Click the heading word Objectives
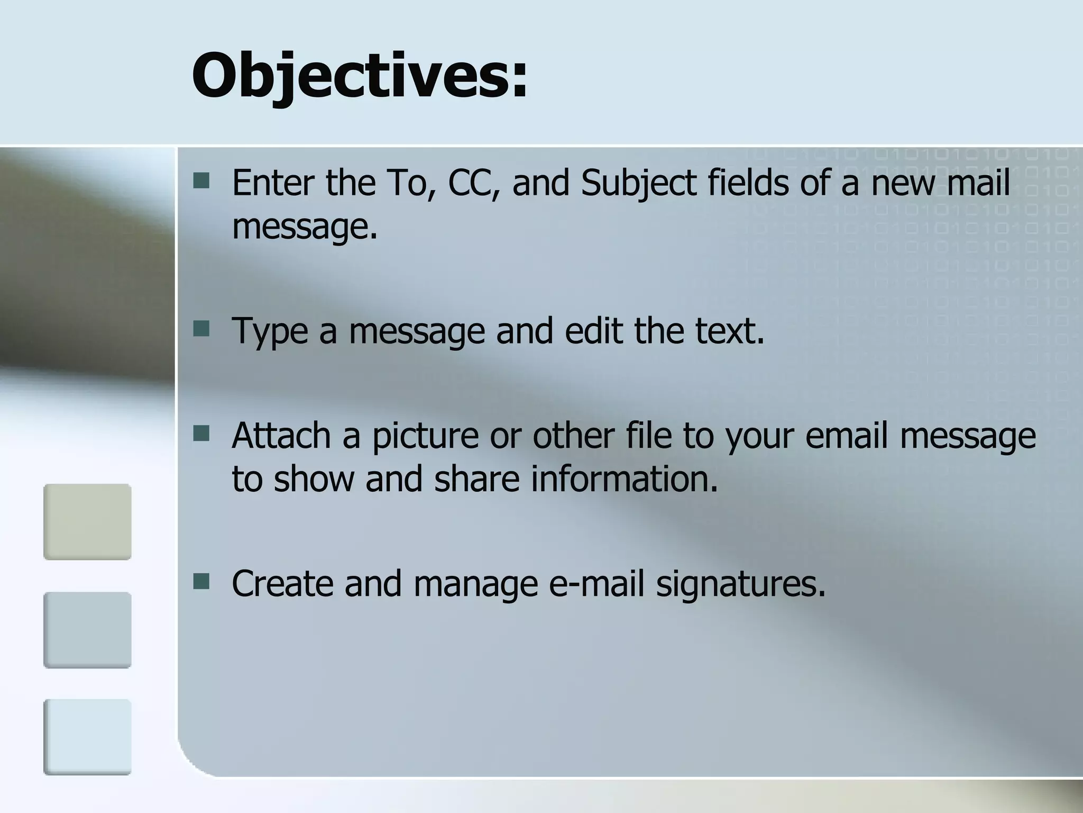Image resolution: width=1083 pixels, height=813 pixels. pos(360,75)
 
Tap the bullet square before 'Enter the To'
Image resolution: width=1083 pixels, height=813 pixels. pos(201,181)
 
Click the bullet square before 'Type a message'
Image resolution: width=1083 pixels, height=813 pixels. pos(201,329)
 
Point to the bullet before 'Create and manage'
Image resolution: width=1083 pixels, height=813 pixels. pos(201,582)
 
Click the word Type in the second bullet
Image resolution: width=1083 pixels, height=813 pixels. pos(270,331)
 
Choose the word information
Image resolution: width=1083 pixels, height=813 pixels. pos(624,478)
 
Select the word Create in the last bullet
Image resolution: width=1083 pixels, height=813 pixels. pos(282,583)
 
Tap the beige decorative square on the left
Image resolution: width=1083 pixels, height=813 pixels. pos(87,521)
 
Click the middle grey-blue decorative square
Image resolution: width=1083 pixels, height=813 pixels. pos(87,630)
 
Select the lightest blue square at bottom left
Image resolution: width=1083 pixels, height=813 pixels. pos(87,737)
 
